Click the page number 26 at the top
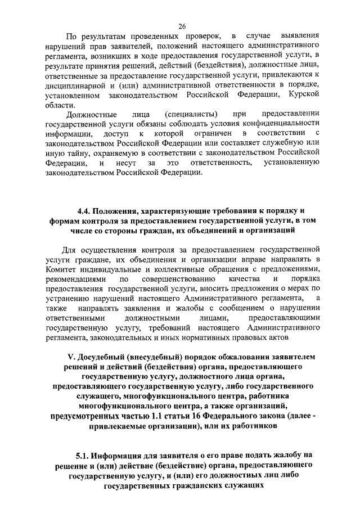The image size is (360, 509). click(x=182, y=26)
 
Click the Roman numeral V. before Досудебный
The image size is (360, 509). click(x=71, y=357)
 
